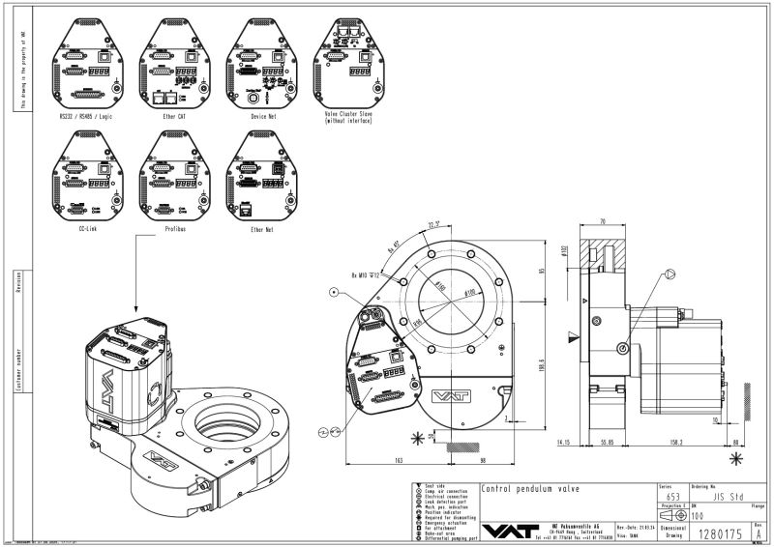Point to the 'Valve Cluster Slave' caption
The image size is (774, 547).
click(x=351, y=116)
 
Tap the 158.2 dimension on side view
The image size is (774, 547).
click(x=674, y=444)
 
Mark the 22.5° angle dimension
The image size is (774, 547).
click(x=433, y=226)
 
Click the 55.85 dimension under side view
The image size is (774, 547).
click(x=609, y=444)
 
